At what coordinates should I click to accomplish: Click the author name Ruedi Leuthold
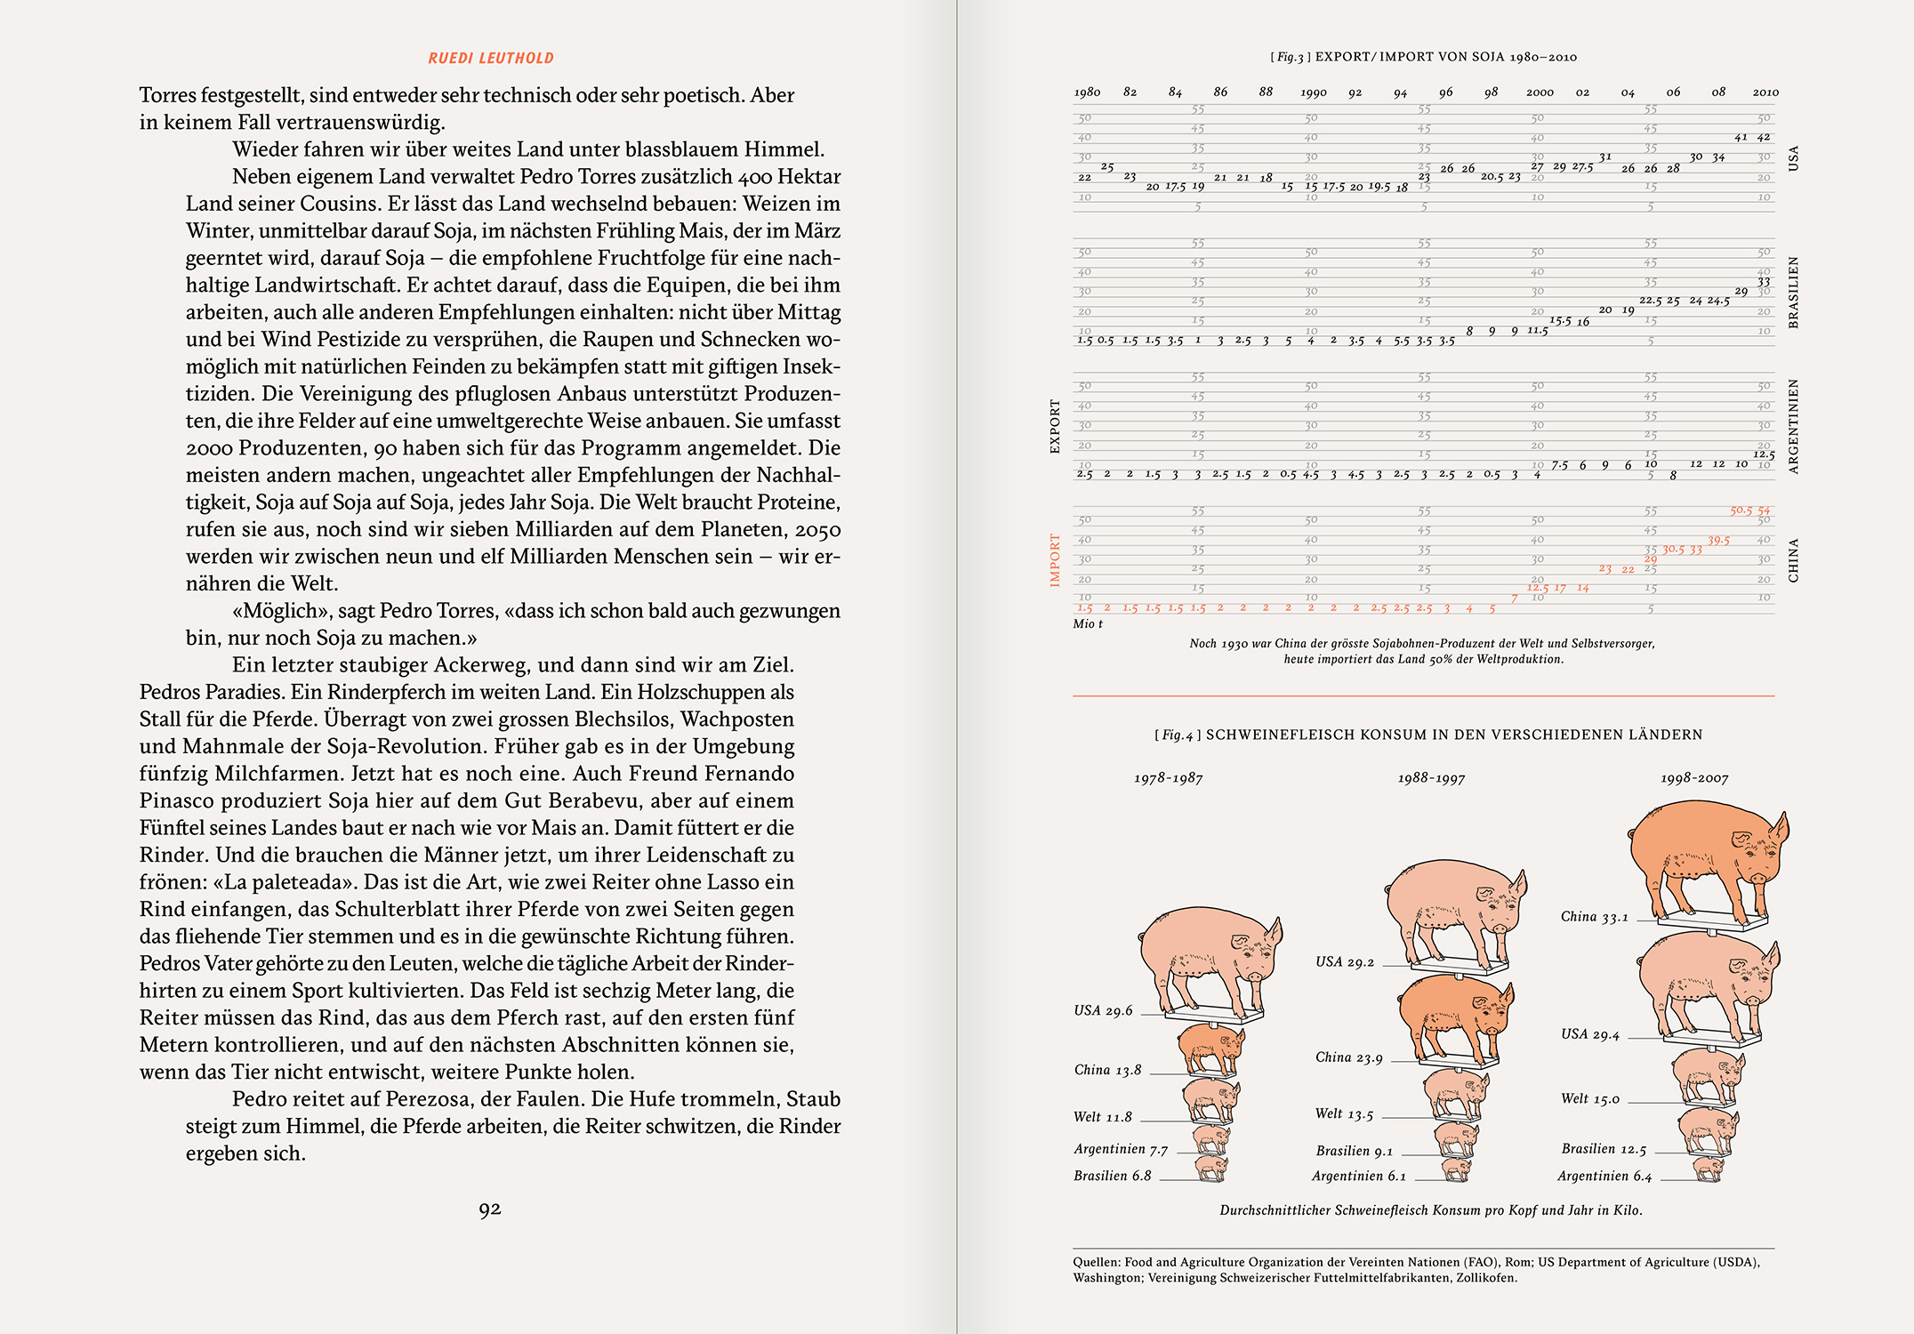(491, 59)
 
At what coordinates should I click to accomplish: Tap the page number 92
(490, 1209)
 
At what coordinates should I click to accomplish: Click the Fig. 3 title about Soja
(1423, 57)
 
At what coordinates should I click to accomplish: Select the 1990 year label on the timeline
(1313, 92)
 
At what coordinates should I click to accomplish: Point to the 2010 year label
(1765, 92)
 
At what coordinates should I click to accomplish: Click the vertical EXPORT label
(1056, 427)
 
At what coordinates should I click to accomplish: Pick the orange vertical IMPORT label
(1056, 560)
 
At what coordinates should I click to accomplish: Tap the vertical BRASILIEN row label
(1793, 293)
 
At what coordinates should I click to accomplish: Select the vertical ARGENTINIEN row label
(1793, 427)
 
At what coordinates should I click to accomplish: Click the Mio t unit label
(1088, 624)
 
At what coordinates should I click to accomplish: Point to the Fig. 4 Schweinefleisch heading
(1428, 735)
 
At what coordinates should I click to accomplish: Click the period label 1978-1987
(1168, 779)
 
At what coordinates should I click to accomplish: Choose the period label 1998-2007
(1694, 779)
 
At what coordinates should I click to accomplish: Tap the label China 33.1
(1594, 917)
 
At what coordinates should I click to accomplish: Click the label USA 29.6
(1103, 1011)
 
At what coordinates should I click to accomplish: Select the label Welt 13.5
(1344, 1114)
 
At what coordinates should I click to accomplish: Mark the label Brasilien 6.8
(1112, 1176)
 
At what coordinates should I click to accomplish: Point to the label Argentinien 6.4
(1604, 1177)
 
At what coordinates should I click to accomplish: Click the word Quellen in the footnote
(1097, 1262)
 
